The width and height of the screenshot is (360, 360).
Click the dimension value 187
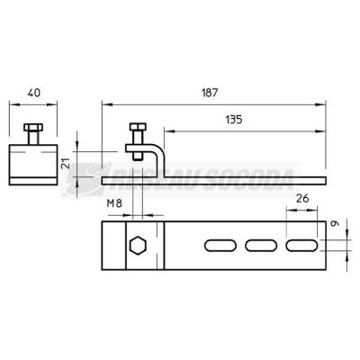(210, 93)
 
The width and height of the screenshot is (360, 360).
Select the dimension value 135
(234, 120)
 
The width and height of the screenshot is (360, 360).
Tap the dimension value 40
(33, 93)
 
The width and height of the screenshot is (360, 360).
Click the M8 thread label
(114, 203)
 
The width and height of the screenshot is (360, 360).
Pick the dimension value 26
(302, 198)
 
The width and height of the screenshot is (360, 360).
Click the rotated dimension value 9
(336, 223)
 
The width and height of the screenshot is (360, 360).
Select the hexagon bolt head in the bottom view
(138, 246)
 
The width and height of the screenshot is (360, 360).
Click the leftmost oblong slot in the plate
(220, 246)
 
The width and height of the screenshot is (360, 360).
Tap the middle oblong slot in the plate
(261, 246)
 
